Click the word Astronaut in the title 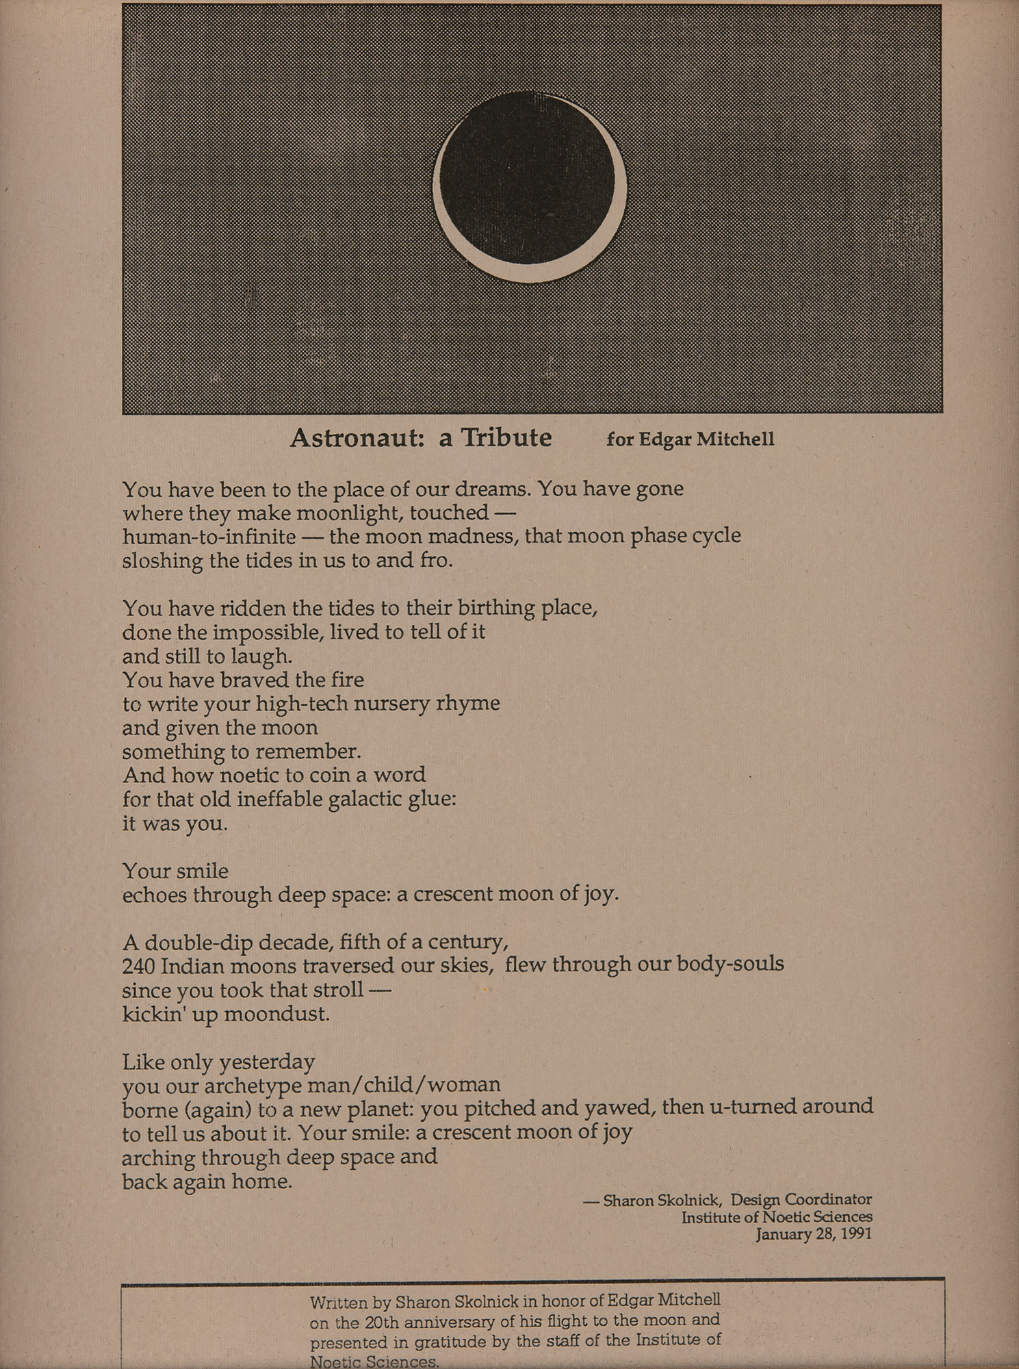pos(353,437)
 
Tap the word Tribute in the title pos(506,437)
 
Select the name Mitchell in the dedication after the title pos(736,439)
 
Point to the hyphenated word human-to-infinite pos(209,536)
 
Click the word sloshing pos(162,561)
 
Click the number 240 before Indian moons pos(140,966)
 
